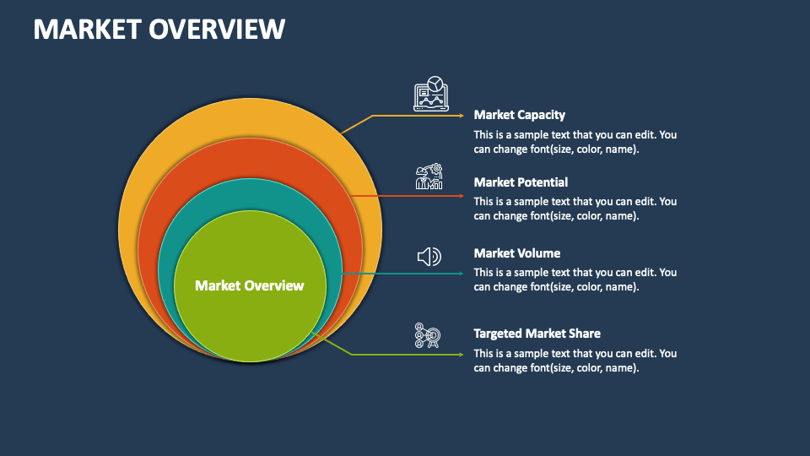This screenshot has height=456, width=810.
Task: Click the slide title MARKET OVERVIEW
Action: (x=159, y=29)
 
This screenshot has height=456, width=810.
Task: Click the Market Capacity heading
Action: (x=519, y=115)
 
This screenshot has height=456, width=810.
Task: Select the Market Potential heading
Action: (x=521, y=182)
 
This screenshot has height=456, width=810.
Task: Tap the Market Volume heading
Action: (x=516, y=253)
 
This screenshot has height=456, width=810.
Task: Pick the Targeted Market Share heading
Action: (x=537, y=334)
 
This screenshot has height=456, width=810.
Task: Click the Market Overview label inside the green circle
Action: (x=250, y=285)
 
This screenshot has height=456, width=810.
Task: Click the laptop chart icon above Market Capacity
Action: (x=431, y=94)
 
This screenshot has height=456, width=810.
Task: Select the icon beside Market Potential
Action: (x=429, y=176)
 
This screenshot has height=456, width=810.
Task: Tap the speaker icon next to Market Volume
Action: (x=429, y=257)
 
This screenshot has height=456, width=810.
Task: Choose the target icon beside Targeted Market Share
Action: (x=427, y=335)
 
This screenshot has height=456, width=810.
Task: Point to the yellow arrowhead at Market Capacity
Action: (x=462, y=116)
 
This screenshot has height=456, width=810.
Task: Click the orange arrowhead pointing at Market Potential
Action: (x=462, y=196)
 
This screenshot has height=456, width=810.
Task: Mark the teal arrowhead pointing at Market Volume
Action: (x=462, y=274)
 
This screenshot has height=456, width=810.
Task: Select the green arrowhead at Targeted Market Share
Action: (x=462, y=355)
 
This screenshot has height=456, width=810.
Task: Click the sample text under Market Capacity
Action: (x=575, y=142)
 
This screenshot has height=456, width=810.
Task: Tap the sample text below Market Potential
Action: (x=575, y=209)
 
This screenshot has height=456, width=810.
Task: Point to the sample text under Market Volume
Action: (x=575, y=280)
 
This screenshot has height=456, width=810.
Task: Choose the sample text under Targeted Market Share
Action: (x=575, y=361)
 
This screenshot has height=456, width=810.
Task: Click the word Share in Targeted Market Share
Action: (x=585, y=334)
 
